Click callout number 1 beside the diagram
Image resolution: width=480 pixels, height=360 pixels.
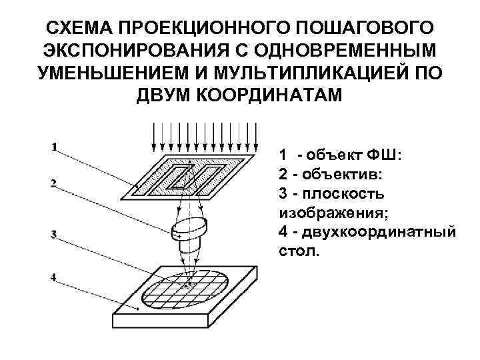tap(53, 147)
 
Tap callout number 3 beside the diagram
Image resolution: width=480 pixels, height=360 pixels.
tap(53, 233)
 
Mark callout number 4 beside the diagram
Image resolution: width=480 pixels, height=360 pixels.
tap(53, 275)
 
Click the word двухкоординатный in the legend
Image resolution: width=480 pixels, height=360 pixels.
tap(379, 232)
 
